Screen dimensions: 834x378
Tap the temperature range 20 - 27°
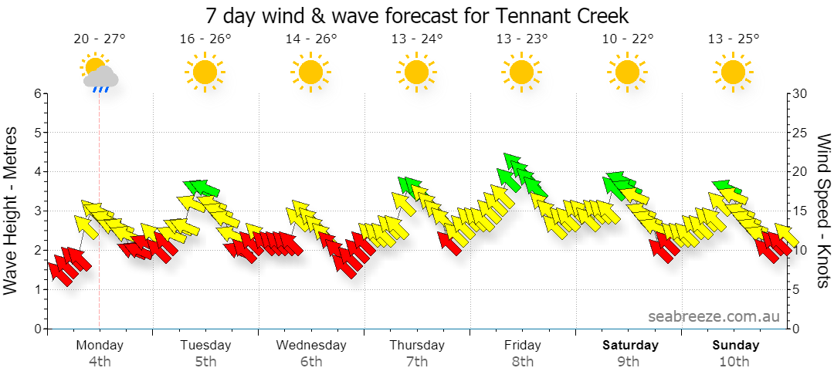tap(100, 39)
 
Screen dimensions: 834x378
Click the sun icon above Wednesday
tap(310, 72)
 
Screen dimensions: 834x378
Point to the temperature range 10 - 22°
tap(628, 39)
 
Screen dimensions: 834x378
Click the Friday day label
tap(522, 345)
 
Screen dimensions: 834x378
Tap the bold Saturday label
tap(630, 345)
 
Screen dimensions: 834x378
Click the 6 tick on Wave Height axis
tap(38, 93)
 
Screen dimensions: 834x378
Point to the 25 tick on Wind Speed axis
tap(800, 133)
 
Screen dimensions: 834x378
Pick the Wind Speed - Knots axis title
tap(823, 211)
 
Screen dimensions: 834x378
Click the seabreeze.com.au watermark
tap(714, 316)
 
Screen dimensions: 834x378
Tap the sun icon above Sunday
tap(734, 72)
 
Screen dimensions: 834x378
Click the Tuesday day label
tap(205, 345)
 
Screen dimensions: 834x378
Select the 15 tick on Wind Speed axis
tap(800, 211)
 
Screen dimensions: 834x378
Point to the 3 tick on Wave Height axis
tap(38, 211)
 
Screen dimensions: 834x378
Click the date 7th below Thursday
tap(417, 363)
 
